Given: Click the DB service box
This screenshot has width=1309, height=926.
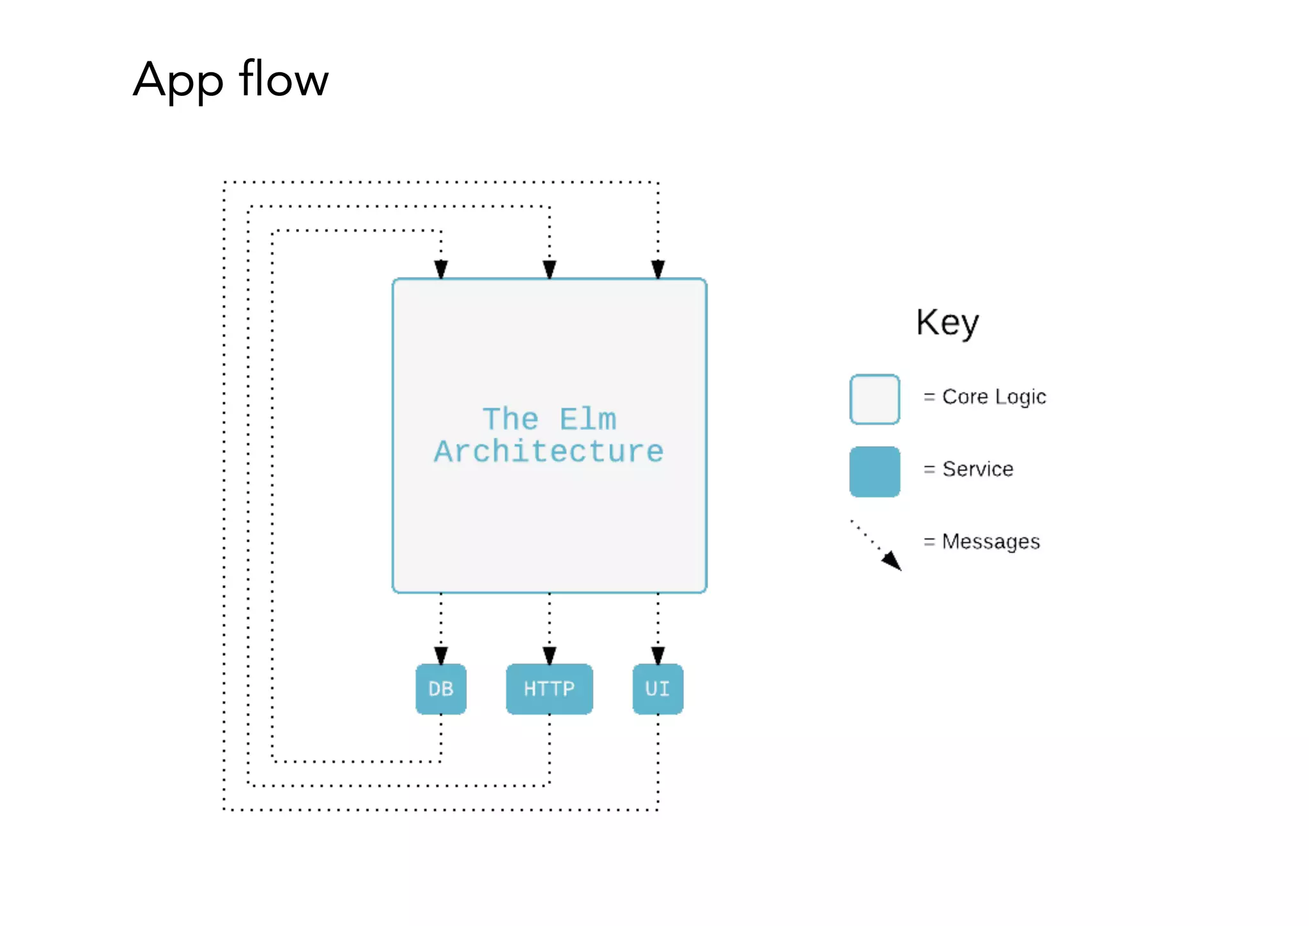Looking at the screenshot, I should tap(440, 689).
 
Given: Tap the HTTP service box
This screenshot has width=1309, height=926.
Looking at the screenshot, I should tap(549, 689).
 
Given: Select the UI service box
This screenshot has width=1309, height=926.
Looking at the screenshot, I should tap(658, 689).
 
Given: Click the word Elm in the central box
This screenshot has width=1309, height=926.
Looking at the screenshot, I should tap(587, 420).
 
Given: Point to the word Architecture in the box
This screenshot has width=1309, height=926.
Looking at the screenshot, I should tap(549, 452).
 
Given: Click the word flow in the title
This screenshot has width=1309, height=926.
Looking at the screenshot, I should tap(283, 79).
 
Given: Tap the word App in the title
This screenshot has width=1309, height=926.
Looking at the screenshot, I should tap(178, 81).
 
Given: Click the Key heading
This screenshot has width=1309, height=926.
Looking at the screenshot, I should tap(947, 323).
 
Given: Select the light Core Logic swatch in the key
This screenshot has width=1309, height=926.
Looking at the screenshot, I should tap(874, 400).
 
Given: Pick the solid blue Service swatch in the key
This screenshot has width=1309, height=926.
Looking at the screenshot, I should tap(874, 472).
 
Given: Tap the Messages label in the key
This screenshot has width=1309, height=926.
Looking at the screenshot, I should tap(991, 542).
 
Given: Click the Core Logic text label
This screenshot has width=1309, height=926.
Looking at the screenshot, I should tap(994, 397).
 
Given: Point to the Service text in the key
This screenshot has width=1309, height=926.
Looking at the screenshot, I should tap(977, 469).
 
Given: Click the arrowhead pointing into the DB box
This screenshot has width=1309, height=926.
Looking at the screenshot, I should tap(440, 655).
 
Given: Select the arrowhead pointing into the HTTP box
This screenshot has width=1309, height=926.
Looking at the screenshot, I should tap(549, 655).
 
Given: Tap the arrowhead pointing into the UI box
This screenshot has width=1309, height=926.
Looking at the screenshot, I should tap(658, 655).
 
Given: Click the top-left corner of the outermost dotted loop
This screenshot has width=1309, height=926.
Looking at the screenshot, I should tap(224, 182).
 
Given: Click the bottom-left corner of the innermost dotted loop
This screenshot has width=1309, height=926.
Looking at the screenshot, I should tap(273, 761).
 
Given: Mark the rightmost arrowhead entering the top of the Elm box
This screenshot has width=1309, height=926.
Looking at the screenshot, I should tap(658, 269).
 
